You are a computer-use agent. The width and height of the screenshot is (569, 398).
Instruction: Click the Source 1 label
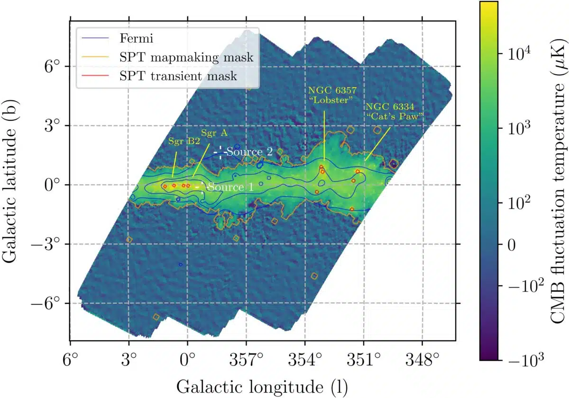tap(230, 187)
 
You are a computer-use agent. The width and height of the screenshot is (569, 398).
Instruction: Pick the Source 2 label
tap(250, 152)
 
